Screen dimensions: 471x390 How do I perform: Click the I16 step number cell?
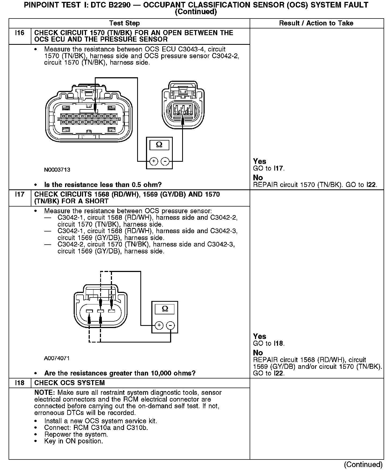pyautogui.click(x=20, y=33)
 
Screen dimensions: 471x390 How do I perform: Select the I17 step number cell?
pyautogui.click(x=20, y=194)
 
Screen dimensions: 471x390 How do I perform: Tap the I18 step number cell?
pyautogui.click(x=20, y=383)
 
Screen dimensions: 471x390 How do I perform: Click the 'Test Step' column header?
pyautogui.click(x=125, y=23)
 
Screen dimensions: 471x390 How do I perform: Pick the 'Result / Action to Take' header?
pyautogui.click(x=316, y=23)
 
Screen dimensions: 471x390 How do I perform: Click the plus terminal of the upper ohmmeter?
pyautogui.click(x=153, y=161)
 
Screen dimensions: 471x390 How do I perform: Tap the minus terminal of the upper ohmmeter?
pyautogui.click(x=165, y=161)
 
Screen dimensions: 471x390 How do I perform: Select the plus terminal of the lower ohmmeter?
pyautogui.click(x=159, y=325)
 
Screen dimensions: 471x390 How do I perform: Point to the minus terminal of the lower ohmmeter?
pyautogui.click(x=171, y=325)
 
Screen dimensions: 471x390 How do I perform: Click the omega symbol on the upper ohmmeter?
pyautogui.click(x=159, y=145)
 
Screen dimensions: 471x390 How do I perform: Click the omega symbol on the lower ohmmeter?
pyautogui.click(x=165, y=309)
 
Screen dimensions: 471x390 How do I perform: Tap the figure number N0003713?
pyautogui.click(x=57, y=170)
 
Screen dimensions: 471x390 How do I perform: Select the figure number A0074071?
pyautogui.click(x=57, y=358)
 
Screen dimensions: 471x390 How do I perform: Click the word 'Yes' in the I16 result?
pyautogui.click(x=260, y=161)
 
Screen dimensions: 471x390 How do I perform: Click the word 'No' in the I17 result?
pyautogui.click(x=258, y=353)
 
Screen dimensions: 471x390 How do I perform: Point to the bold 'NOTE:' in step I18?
pyautogui.click(x=45, y=393)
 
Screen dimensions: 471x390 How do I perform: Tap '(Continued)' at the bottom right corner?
pyautogui.click(x=363, y=464)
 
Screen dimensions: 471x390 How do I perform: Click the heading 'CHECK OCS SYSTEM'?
pyautogui.click(x=70, y=383)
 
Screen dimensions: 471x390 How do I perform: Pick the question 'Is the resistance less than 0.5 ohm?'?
pyautogui.click(x=103, y=185)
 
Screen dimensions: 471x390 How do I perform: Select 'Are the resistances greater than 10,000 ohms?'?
pyautogui.click(x=120, y=373)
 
